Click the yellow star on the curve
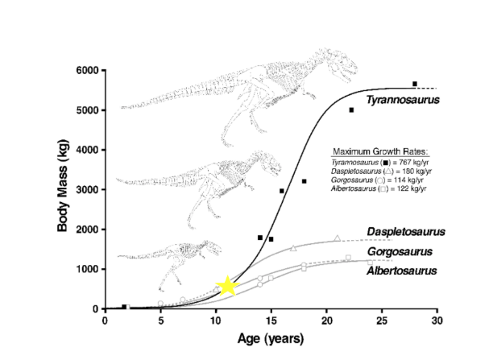tap(227, 285)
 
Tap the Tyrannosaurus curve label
tap(401, 101)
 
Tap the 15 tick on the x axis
tap(271, 321)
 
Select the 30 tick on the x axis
tap(436, 321)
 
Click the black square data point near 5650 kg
tap(414, 84)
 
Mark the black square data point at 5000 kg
tap(351, 110)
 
